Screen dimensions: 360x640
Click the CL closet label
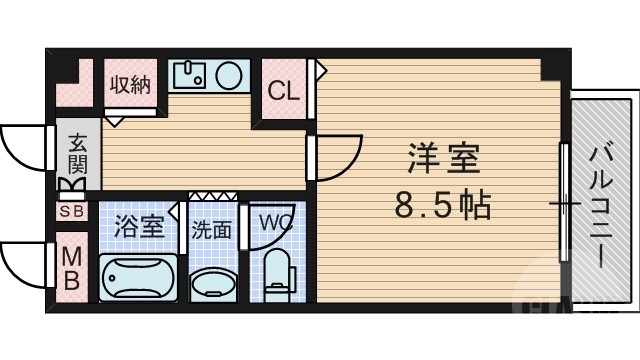(x=283, y=91)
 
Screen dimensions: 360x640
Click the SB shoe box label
(x=72, y=211)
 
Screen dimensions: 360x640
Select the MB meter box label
(x=72, y=268)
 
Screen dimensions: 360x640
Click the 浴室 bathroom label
(x=138, y=225)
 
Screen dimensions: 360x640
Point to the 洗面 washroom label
(x=211, y=230)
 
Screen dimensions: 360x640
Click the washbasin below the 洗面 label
(x=211, y=283)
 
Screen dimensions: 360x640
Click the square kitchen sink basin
(x=189, y=75)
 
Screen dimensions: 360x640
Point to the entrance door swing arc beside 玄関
(x=23, y=150)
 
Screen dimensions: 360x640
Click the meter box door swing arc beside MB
(x=23, y=265)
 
